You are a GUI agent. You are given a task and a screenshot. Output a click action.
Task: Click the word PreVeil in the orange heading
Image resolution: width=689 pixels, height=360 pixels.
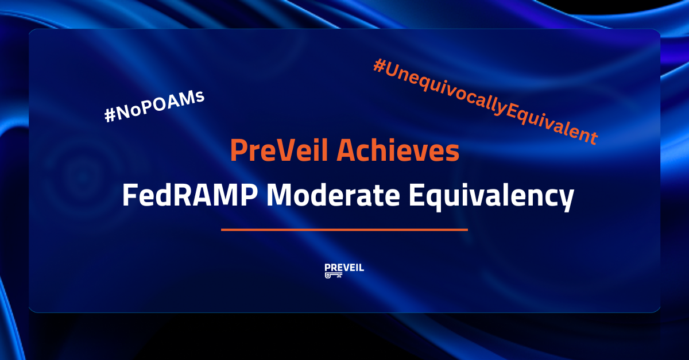pos(279,150)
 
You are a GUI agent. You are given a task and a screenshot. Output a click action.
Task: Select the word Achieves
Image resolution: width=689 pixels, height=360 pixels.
pos(398,150)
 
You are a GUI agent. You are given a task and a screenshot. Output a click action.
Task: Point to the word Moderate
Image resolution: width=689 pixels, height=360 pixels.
pos(333,195)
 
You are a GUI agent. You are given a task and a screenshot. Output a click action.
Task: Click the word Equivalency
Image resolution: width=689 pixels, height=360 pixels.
pos(491,197)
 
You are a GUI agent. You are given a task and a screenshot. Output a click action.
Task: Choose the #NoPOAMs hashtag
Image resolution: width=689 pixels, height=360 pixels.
pos(154,106)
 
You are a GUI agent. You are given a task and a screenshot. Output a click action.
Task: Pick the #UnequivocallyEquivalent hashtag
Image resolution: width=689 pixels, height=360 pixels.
pos(486,102)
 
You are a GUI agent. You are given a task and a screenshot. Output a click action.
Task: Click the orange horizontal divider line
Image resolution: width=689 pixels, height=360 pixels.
pos(344,230)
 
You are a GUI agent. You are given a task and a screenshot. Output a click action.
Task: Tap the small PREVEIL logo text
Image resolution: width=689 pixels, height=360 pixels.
pos(344,268)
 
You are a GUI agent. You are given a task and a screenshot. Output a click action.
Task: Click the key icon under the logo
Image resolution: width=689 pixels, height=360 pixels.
pos(334,276)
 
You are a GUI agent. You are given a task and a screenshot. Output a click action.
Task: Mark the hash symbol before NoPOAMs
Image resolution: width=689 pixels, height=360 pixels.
pos(110,115)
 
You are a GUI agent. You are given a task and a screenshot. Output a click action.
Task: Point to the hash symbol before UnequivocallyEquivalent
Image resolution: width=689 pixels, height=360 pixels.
pos(380,66)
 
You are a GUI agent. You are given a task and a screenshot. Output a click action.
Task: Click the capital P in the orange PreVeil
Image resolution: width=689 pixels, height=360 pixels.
pos(238,150)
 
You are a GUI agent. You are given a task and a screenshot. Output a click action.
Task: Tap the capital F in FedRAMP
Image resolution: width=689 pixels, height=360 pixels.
pos(130,195)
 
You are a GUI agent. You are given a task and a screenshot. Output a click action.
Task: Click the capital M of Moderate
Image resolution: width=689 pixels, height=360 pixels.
pos(278,195)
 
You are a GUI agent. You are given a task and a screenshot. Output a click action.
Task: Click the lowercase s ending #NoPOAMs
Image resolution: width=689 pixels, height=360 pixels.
pos(200,96)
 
